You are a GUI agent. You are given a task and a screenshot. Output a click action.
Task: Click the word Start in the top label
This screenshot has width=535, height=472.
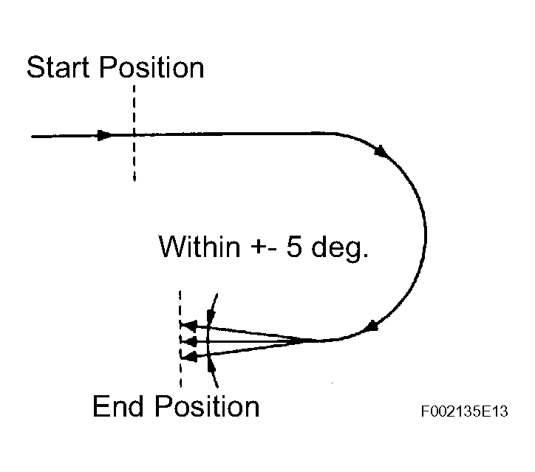coord(59,68)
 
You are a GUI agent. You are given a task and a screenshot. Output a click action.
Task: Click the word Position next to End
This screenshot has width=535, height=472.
coord(206,406)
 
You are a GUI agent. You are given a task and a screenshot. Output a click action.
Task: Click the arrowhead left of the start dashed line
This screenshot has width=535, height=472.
coord(104,135)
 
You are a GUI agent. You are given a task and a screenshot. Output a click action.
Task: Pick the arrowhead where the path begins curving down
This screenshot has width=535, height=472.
coord(381,151)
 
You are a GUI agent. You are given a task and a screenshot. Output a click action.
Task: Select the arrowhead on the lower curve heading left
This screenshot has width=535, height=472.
coord(375,326)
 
